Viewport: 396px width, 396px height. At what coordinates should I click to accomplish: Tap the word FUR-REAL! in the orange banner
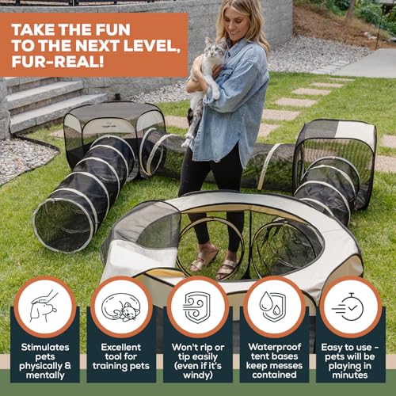pyautogui.click(x=58, y=62)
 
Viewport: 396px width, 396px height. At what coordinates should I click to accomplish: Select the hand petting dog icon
pyautogui.click(x=44, y=307)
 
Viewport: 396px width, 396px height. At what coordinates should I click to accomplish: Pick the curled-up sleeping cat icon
pyautogui.click(x=121, y=307)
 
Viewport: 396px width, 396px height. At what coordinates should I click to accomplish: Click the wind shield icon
pyautogui.click(x=197, y=307)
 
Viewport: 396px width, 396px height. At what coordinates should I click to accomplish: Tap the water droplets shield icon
pyautogui.click(x=272, y=307)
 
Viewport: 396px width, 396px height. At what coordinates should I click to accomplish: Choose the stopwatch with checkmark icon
pyautogui.click(x=348, y=307)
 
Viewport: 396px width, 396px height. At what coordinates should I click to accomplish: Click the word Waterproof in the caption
pyautogui.click(x=275, y=347)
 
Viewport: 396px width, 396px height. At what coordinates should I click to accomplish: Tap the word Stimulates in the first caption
pyautogui.click(x=45, y=347)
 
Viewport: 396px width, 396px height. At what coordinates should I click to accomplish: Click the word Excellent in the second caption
pyautogui.click(x=121, y=347)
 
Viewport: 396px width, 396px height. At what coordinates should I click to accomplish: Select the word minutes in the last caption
pyautogui.click(x=350, y=375)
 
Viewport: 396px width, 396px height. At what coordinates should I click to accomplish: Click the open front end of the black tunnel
pyautogui.click(x=63, y=225)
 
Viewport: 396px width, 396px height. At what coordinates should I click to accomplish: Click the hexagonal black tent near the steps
pyautogui.click(x=114, y=132)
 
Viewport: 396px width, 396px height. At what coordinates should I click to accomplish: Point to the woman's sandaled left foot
pyautogui.click(x=227, y=268)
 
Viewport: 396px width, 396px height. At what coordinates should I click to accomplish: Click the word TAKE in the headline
pyautogui.click(x=33, y=29)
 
